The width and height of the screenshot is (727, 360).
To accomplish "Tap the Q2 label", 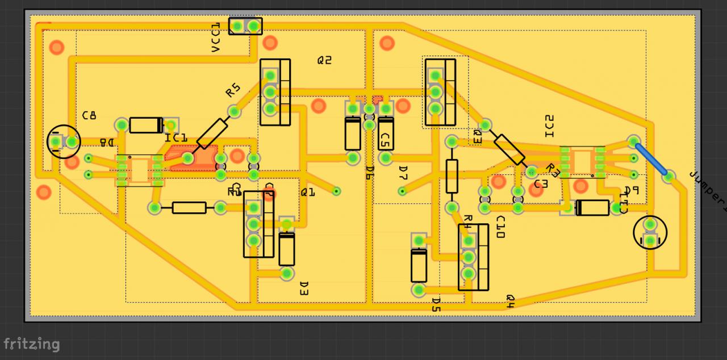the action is point(324,60).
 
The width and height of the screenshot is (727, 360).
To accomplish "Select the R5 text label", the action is point(233,90).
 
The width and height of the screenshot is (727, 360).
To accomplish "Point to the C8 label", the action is point(89,115).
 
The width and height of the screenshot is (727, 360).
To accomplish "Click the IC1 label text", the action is point(176,138).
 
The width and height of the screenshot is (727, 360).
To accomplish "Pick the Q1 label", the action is point(308,192).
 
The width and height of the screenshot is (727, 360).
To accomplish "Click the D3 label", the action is point(303,288).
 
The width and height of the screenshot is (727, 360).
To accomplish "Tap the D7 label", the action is point(403,172).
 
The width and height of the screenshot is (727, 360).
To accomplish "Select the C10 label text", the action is point(500,227).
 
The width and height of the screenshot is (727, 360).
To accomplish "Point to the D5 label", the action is point(436,305).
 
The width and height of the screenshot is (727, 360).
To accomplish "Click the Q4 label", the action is point(509,302).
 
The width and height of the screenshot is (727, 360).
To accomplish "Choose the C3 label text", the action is point(541,184).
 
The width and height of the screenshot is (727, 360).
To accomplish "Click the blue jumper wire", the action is point(651,159).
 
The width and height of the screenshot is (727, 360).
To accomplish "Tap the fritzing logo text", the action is point(31,344).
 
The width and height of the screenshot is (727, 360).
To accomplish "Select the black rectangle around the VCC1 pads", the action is point(245,26).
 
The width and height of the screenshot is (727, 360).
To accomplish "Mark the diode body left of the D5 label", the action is point(419,266).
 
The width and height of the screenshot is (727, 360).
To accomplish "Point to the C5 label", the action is point(386,139).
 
